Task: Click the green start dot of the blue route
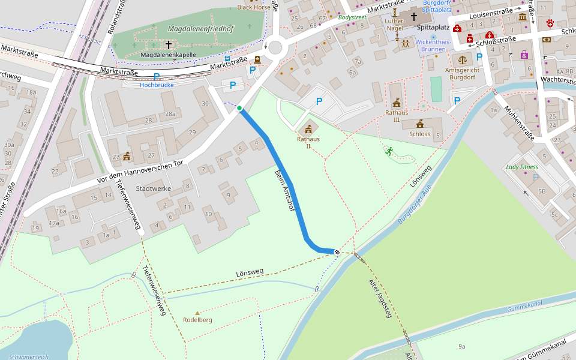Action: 239,108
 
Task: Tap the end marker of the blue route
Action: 337,252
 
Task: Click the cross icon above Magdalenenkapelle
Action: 169,45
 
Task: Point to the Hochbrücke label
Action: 157,85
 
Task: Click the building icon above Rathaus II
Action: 308,129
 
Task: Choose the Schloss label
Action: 420,134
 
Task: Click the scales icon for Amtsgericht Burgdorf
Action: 462,59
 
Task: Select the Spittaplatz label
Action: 433,28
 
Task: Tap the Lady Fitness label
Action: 521,167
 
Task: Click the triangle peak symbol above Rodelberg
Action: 197,313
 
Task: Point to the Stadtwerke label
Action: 154,188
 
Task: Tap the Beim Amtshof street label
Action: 284,190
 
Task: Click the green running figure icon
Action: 389,151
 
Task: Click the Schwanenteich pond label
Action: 29,356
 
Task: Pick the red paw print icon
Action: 550,23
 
